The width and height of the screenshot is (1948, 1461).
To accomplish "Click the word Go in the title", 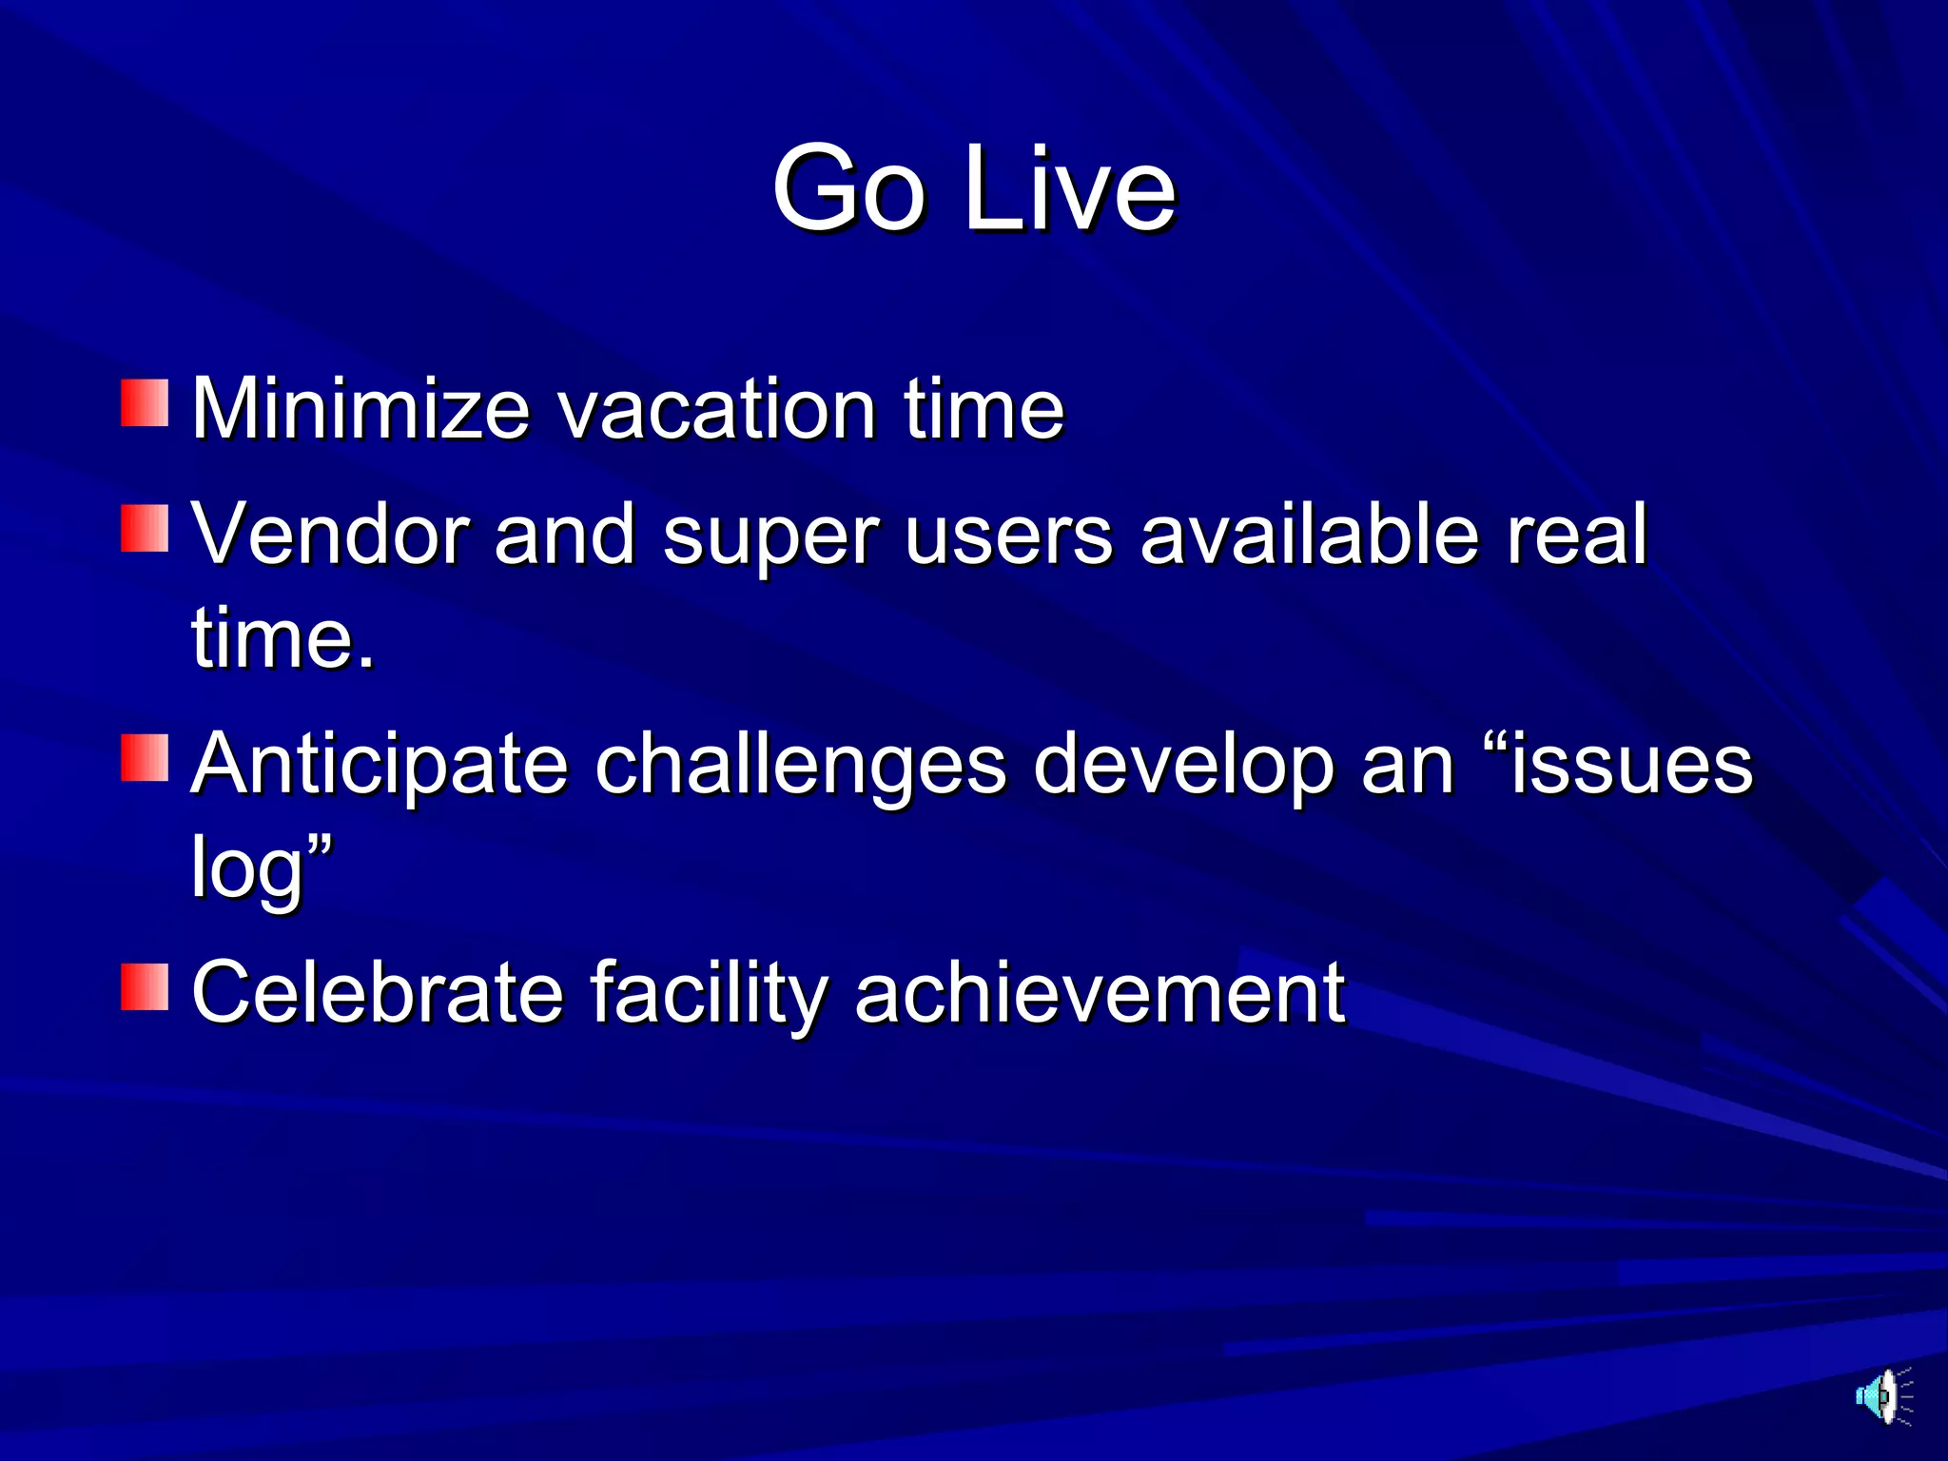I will (848, 188).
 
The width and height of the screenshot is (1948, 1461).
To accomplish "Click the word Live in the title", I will (1070, 188).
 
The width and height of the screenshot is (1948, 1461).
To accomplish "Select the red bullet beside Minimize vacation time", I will (145, 403).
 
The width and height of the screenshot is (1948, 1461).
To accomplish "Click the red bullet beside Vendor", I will (145, 528).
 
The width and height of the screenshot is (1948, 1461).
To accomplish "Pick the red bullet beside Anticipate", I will (145, 758).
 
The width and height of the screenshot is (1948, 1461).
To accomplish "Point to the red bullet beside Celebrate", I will (145, 986).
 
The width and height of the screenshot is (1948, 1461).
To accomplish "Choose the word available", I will (1309, 535).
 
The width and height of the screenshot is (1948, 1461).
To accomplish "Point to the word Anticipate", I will (379, 766).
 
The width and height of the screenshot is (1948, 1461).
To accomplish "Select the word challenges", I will (800, 766).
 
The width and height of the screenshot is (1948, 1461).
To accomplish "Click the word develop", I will (1183, 766).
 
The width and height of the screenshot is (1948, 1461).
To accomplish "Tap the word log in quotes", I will (246, 867).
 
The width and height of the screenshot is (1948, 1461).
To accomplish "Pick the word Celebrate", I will (378, 993).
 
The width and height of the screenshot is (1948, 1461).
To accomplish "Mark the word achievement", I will (1100, 993).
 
